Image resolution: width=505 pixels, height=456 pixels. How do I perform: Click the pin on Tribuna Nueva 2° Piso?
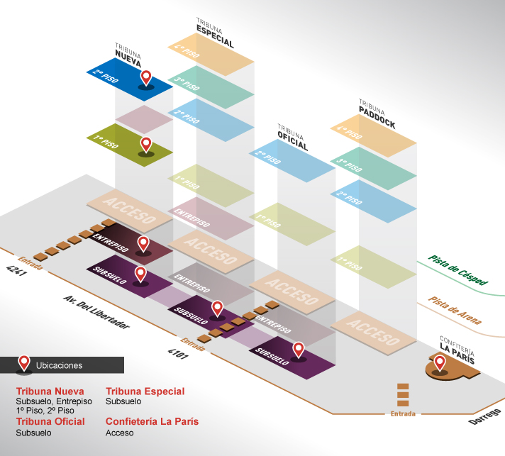point(146,77)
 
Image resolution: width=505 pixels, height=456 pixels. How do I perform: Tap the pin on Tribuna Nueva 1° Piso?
point(146,144)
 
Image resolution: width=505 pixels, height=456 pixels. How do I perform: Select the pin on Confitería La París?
point(440,362)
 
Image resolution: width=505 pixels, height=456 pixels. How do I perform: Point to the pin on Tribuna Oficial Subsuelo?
point(299,350)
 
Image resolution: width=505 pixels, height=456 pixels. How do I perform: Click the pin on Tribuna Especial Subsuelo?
point(218,308)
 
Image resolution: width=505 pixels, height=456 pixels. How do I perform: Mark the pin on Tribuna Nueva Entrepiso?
point(143,243)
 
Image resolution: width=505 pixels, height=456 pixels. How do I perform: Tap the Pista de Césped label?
point(458,270)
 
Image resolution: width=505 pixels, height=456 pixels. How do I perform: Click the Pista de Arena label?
point(455,311)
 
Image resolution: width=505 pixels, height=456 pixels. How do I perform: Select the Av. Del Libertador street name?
point(96,312)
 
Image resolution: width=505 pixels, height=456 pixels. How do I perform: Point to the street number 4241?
point(16,270)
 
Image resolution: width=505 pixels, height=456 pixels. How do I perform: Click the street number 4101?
point(178,354)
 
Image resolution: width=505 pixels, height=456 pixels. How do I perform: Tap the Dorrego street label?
point(485,417)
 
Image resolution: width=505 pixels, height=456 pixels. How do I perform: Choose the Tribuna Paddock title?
point(377,114)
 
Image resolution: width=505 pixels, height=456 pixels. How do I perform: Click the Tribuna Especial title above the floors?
point(215,33)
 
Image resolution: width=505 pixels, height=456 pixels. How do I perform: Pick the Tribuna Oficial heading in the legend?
point(50,421)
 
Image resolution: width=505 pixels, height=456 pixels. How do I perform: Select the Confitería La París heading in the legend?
point(152,421)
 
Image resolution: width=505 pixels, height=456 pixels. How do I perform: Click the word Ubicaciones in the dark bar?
point(60,365)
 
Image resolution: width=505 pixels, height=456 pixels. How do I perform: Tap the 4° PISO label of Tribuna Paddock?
point(349,133)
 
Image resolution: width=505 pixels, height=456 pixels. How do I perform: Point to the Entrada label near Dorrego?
point(403,414)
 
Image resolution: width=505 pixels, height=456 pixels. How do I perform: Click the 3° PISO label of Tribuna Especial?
point(187,84)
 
